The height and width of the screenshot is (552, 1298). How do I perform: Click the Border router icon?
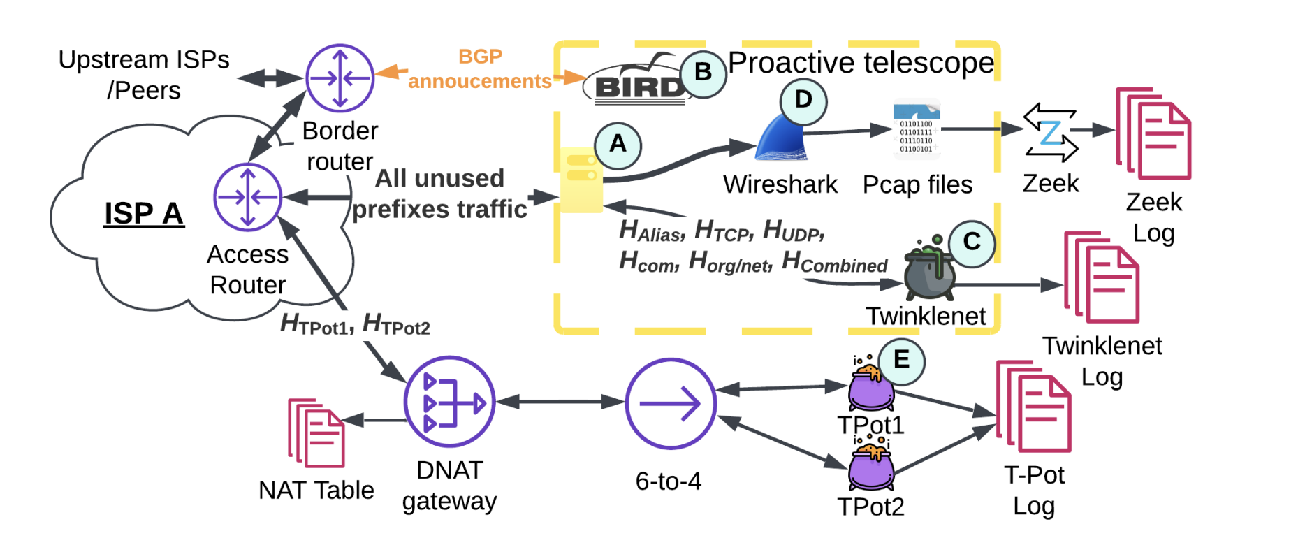coord(340,78)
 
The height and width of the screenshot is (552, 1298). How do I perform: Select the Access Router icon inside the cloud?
coord(247,197)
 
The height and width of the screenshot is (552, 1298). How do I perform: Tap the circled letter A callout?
coord(618,145)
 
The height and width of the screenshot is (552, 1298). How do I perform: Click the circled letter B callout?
coord(703,73)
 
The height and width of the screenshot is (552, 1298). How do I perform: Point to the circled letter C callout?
coord(971,242)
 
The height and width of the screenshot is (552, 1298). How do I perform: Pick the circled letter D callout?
coord(803,101)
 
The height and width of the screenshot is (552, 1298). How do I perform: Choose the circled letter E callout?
coord(901,361)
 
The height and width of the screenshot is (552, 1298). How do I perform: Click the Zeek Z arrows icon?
coord(1050,132)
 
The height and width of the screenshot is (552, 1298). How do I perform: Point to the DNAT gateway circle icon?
coord(449,402)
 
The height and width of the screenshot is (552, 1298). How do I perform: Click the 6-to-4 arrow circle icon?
coord(671,403)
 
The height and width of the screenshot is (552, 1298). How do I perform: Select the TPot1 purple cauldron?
coord(870,386)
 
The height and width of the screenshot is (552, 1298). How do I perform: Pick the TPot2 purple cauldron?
coord(870,467)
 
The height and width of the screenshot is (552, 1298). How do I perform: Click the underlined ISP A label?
coord(143,213)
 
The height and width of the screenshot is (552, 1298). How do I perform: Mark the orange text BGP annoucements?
coord(480,69)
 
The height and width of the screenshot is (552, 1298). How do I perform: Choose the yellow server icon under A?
coord(581,180)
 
